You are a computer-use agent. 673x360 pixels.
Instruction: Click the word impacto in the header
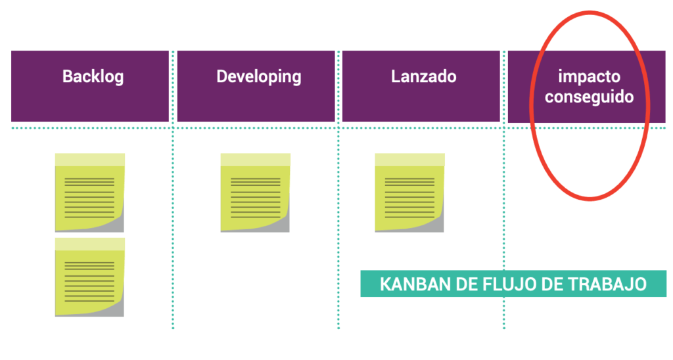tap(589, 77)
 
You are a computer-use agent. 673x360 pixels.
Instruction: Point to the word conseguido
tap(589, 97)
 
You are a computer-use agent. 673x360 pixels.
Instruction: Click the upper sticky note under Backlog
tap(89, 193)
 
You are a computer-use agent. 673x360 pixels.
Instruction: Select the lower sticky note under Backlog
tap(89, 277)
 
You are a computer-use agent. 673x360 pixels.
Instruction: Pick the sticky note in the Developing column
tap(255, 193)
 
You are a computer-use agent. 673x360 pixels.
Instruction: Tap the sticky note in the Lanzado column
tap(409, 193)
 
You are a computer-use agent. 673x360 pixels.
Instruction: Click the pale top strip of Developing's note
tap(255, 160)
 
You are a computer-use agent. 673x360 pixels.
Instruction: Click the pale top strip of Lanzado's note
tap(409, 160)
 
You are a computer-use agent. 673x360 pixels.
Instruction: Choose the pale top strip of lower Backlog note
tap(89, 244)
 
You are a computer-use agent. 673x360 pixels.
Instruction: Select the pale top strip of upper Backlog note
tap(89, 160)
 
